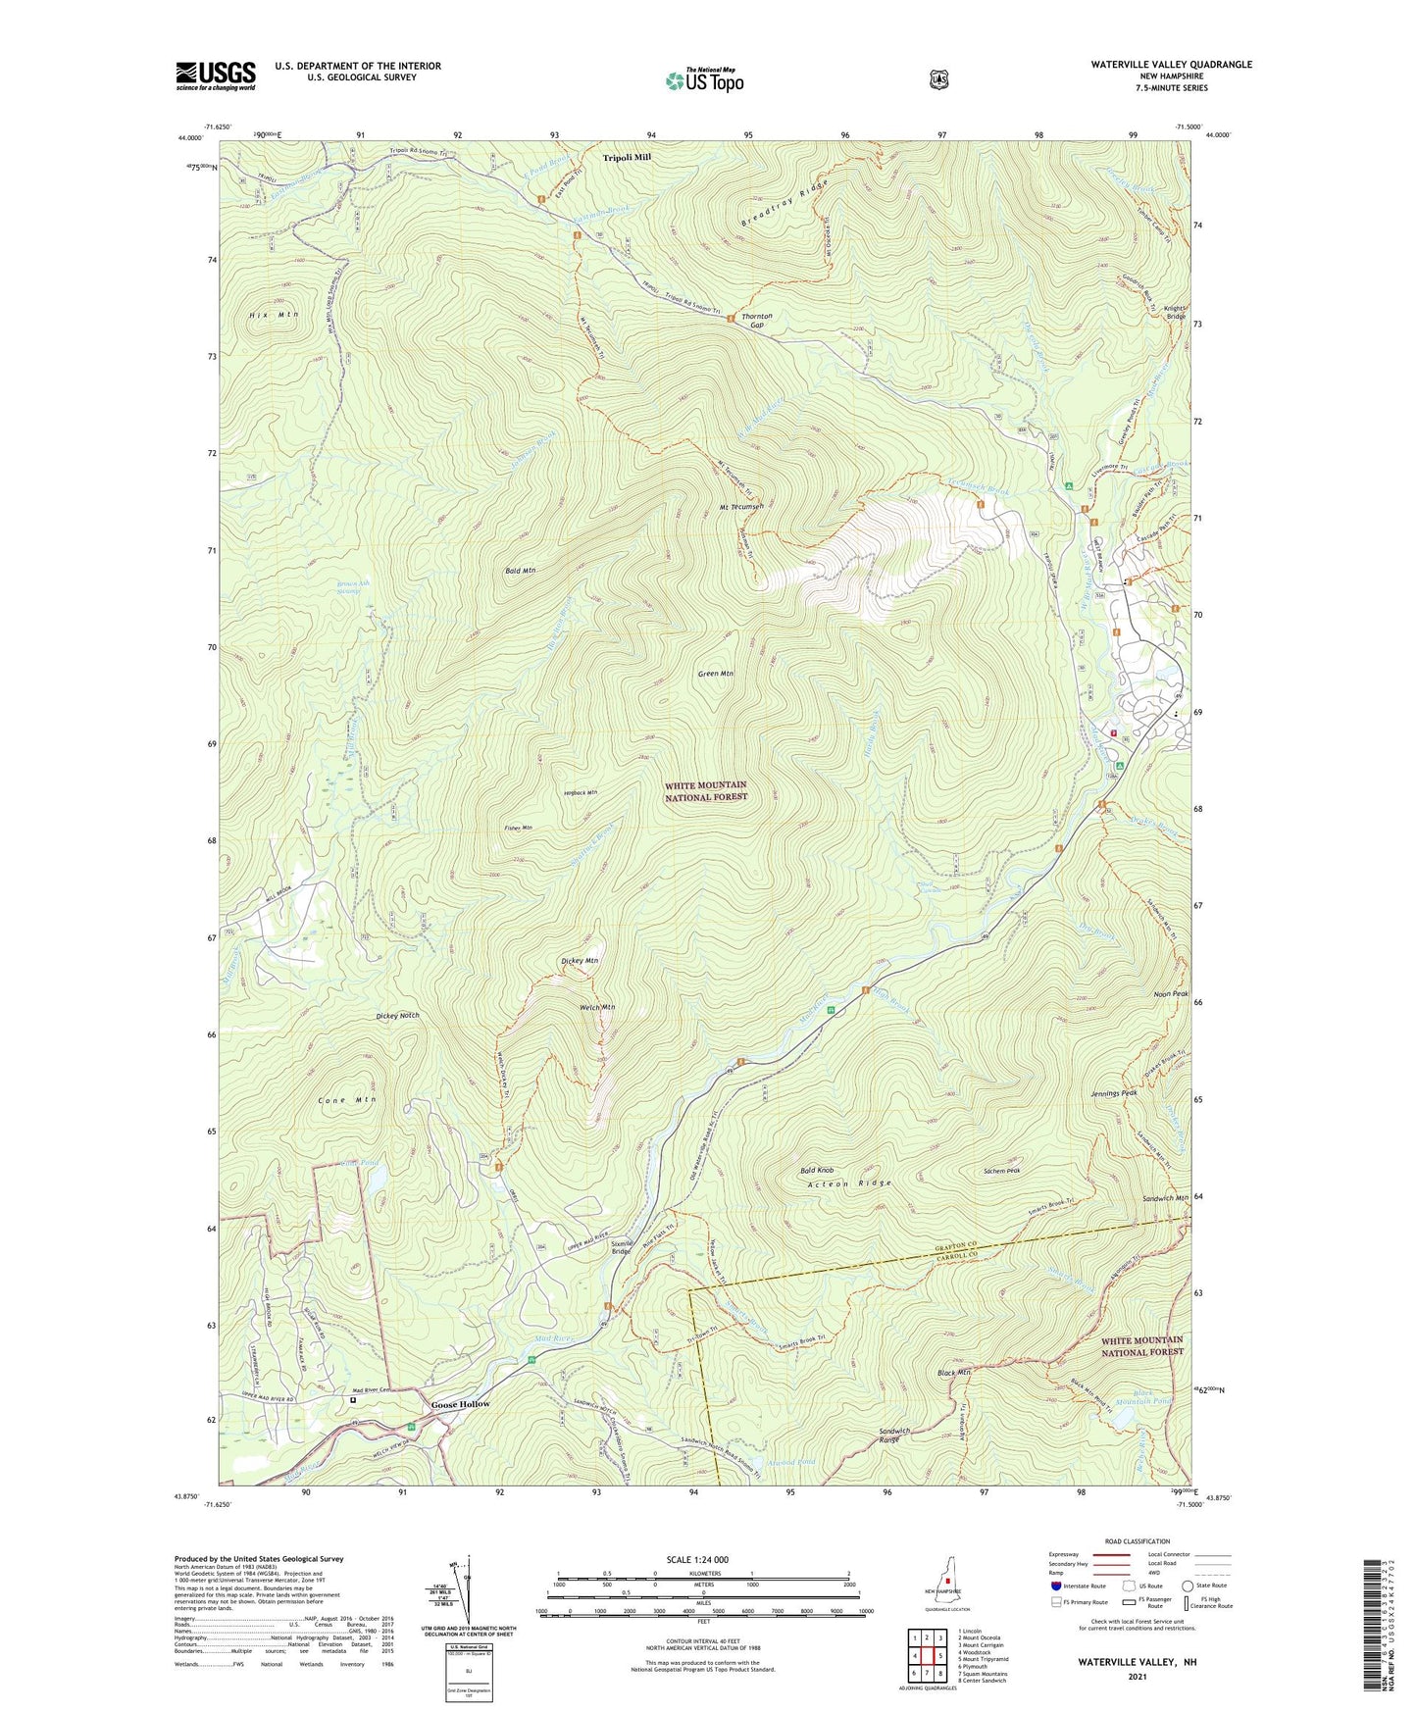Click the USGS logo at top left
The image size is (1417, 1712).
point(216,76)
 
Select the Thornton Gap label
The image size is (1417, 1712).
point(757,322)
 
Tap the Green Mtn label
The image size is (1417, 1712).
point(715,674)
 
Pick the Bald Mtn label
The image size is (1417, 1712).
point(520,570)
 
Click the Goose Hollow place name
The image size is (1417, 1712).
point(460,1404)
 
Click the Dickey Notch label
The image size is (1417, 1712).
point(397,1016)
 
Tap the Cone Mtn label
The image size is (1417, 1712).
point(347,1100)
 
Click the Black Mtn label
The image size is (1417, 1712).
point(953,1373)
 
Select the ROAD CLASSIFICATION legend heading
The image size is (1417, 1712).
point(1136,1541)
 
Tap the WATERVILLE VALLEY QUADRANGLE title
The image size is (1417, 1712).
point(1171,65)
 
